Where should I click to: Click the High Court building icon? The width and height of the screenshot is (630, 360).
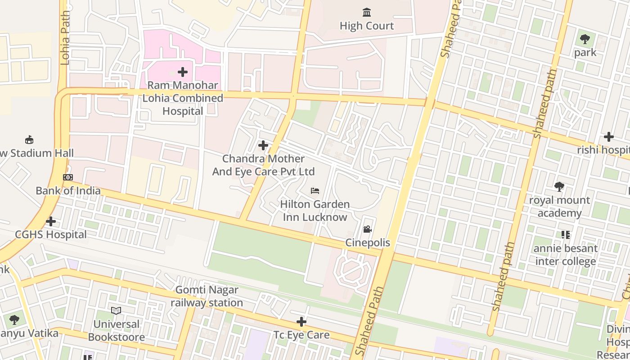tap(367, 12)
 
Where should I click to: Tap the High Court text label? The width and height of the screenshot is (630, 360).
tap(367, 26)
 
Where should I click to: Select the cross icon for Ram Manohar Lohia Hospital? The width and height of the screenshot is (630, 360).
tap(183, 72)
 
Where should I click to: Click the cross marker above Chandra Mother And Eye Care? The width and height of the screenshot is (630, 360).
tap(263, 145)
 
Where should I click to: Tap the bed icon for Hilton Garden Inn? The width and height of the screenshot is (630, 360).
tap(315, 191)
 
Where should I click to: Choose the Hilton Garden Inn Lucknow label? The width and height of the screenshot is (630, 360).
tap(315, 211)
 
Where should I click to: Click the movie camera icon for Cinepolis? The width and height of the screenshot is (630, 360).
tap(368, 229)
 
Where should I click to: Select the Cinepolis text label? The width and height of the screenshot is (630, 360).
tap(368, 243)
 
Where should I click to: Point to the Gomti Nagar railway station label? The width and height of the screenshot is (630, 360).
tap(207, 296)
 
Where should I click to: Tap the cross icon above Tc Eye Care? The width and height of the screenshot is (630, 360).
tap(301, 322)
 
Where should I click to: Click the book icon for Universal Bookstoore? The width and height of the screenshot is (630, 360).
tap(116, 310)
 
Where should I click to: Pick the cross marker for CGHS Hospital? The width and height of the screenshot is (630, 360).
tap(51, 221)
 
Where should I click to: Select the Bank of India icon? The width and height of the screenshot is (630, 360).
tap(68, 177)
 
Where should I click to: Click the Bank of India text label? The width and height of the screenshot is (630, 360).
tap(68, 191)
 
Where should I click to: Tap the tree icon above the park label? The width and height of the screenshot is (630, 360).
tap(585, 39)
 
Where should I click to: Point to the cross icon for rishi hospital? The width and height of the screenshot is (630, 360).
tap(609, 137)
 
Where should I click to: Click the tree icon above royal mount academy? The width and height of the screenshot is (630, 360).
tap(559, 186)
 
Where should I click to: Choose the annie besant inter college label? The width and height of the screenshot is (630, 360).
tap(566, 255)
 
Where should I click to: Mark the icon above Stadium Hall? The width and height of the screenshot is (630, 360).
tap(30, 139)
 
